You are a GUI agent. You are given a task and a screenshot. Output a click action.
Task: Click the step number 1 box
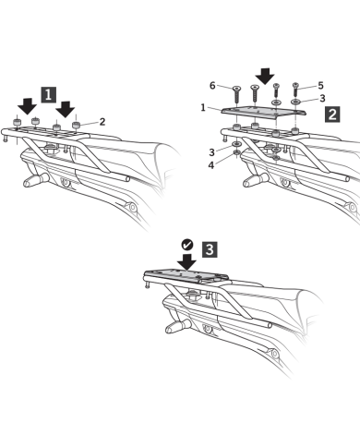[x=49, y=94]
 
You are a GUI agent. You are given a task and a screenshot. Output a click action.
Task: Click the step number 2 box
[x=332, y=115]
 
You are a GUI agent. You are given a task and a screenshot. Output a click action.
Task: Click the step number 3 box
[x=210, y=249]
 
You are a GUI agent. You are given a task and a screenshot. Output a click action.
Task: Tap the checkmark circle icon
[x=187, y=245]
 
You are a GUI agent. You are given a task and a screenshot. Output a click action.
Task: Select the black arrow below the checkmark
[x=186, y=262]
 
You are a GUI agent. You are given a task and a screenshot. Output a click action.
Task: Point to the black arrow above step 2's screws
[x=265, y=76]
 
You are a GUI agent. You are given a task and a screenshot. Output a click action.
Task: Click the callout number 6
[x=212, y=85]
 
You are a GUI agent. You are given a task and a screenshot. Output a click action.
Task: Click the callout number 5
[x=320, y=85]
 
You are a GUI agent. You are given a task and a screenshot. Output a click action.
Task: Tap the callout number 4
[x=210, y=165]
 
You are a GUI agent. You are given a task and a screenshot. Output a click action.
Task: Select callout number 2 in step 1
[x=102, y=122]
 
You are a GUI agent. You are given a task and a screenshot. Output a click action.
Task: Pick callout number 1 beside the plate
[x=203, y=108]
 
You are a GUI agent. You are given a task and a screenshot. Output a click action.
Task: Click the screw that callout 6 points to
[x=236, y=94]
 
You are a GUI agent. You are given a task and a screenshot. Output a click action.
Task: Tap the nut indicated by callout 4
[x=236, y=152]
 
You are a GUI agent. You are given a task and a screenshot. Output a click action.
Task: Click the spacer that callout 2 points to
[x=76, y=125]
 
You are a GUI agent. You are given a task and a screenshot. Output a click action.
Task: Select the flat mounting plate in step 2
[x=263, y=112]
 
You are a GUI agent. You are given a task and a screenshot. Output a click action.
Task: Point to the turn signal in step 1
[x=36, y=179]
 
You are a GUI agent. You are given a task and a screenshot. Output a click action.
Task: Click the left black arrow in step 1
[x=27, y=106]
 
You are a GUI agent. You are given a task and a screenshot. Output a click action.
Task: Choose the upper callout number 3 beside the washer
[x=322, y=98]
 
